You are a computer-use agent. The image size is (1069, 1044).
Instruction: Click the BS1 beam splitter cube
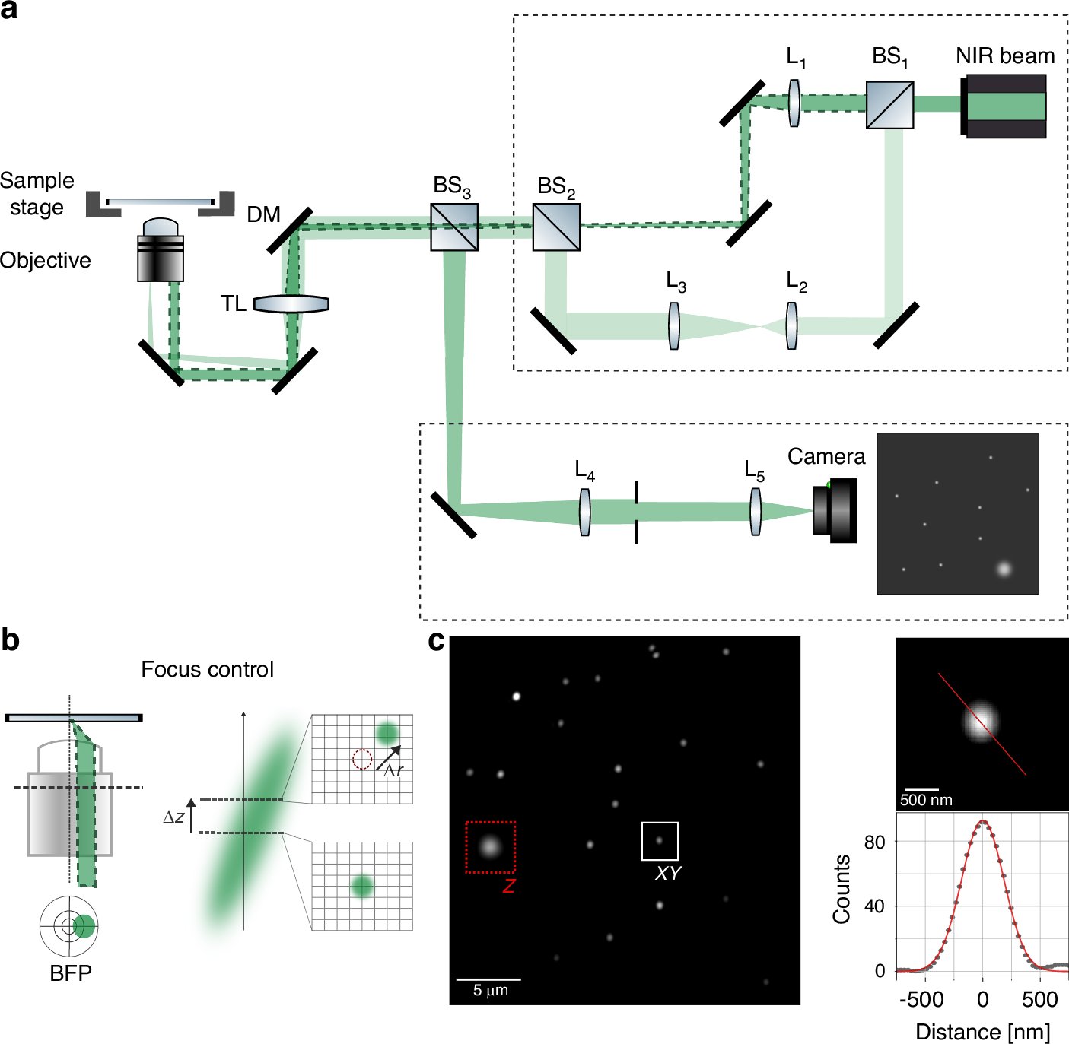click(x=889, y=105)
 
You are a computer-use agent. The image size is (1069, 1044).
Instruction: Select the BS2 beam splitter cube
click(x=556, y=227)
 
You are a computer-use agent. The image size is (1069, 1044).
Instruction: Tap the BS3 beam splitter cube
click(x=454, y=227)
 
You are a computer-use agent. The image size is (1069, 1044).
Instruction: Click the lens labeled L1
click(x=794, y=103)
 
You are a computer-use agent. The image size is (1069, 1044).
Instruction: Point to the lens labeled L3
click(x=673, y=326)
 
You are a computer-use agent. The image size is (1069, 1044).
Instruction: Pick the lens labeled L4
click(x=584, y=512)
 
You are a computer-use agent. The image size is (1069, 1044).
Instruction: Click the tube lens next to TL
click(x=291, y=304)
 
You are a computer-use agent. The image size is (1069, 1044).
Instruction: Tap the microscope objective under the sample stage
click(x=161, y=251)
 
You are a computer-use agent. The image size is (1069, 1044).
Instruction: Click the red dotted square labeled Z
click(x=490, y=846)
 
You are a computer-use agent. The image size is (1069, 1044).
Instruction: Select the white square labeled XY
click(x=660, y=841)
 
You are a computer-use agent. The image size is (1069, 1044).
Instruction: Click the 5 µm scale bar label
click(x=490, y=990)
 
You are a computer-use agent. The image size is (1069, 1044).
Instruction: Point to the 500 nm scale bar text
click(x=926, y=800)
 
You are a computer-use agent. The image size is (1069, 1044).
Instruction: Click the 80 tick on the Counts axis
click(x=875, y=842)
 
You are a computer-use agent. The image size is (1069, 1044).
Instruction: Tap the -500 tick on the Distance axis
click(x=921, y=999)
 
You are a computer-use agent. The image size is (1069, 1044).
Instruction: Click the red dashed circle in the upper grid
click(x=362, y=759)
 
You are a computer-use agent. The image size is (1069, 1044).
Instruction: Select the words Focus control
click(x=207, y=669)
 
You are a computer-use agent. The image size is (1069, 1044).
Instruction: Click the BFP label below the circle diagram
click(x=70, y=973)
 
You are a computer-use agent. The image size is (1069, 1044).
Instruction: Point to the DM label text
click(x=263, y=215)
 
